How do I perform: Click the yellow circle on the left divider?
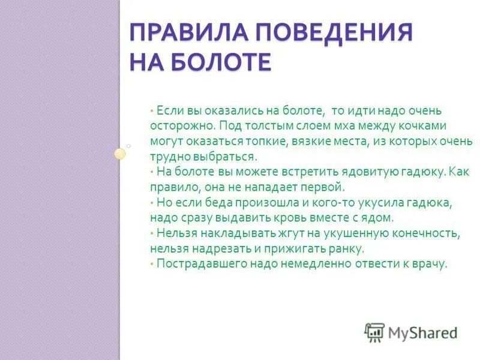click(x=120, y=154)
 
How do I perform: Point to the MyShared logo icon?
click(x=374, y=332)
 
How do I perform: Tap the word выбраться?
click(x=225, y=157)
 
